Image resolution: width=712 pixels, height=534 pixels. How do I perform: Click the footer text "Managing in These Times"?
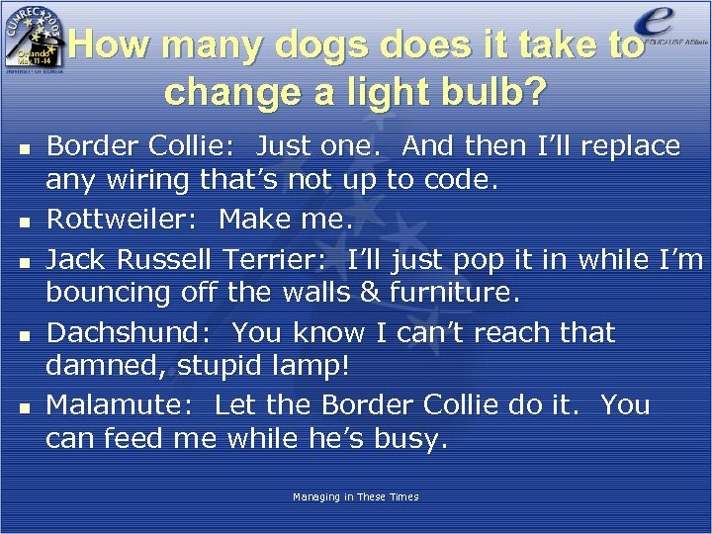356,496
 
